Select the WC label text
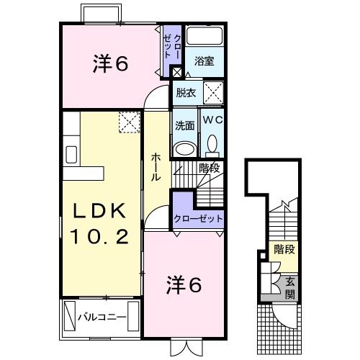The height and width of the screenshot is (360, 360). tap(212, 120)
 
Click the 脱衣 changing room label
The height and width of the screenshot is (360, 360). tap(186, 92)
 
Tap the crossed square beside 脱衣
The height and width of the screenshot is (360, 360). tap(212, 92)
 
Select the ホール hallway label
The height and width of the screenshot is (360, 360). tap(156, 168)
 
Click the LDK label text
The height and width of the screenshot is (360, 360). tap(102, 210)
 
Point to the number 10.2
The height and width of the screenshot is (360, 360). tap(102, 235)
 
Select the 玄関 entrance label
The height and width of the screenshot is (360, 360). tap(289, 288)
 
